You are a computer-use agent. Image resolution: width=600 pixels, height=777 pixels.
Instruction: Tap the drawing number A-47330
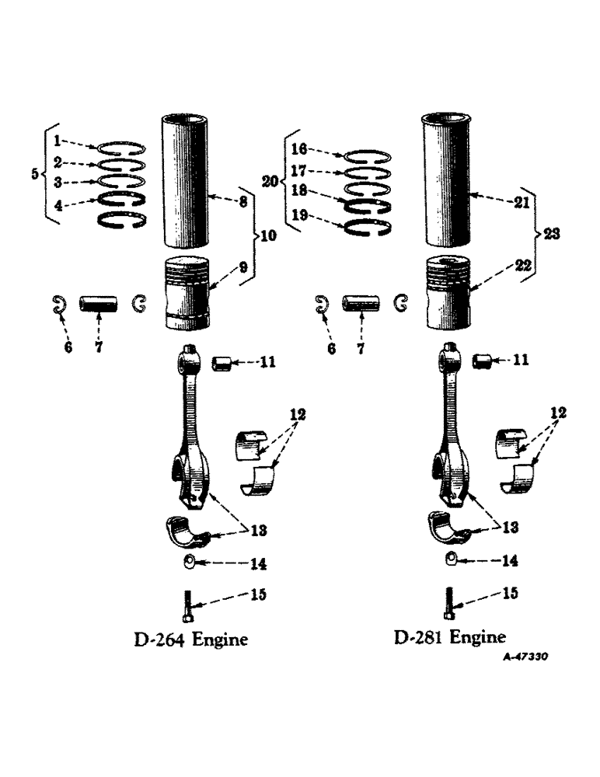525,657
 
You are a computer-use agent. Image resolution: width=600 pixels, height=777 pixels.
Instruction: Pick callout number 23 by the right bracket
552,232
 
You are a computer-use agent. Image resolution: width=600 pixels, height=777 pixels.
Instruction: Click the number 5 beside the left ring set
33,175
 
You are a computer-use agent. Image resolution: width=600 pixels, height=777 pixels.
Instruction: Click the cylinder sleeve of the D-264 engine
185,179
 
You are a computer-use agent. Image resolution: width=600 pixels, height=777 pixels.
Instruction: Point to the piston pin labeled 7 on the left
99,301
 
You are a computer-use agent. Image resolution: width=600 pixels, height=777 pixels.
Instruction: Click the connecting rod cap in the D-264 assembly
187,529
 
